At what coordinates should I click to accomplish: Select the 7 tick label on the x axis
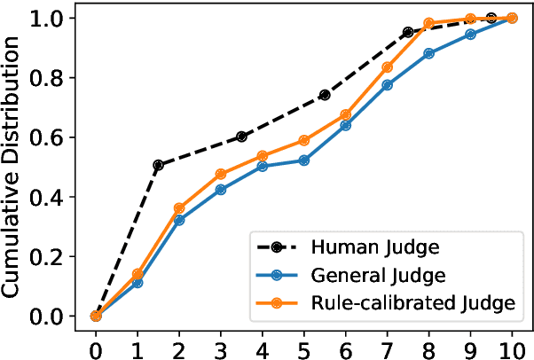tap(387, 342)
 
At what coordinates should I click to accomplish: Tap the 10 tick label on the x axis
tap(512, 342)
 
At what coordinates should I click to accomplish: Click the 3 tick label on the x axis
tap(220, 342)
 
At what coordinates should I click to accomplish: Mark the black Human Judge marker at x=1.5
tap(158, 165)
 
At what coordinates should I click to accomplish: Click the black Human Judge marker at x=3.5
tap(241, 137)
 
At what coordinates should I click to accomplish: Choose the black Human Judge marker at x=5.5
tap(325, 95)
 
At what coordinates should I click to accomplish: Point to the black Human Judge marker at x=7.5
tap(408, 32)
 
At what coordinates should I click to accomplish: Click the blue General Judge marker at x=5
tap(303, 160)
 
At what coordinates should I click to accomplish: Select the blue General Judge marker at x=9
tap(470, 35)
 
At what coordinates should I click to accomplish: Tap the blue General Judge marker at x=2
tap(179, 220)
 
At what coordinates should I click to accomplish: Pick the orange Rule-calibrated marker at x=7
tap(387, 67)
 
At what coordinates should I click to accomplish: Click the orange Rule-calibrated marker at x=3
tap(220, 174)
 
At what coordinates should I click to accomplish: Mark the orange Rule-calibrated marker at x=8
tap(428, 23)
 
